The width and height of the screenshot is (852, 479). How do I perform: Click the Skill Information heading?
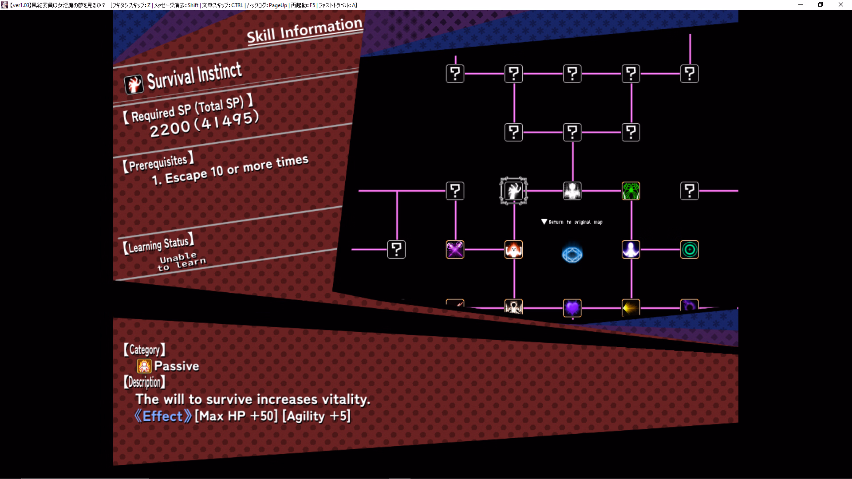[x=304, y=30]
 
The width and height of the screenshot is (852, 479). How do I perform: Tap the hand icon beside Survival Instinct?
[x=134, y=84]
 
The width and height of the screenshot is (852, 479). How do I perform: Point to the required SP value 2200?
[x=170, y=129]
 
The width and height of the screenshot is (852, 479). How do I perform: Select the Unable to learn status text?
[x=181, y=261]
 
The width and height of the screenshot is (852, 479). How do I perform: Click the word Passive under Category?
[x=177, y=366]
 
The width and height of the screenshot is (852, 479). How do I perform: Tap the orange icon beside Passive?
[x=144, y=366]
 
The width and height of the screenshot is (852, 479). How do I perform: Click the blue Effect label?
[x=163, y=416]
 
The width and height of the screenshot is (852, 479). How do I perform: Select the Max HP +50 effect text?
[x=236, y=416]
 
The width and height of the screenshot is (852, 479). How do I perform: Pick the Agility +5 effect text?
[x=316, y=416]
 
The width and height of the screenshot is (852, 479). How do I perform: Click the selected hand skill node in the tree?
[x=513, y=191]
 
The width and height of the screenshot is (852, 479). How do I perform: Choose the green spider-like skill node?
[x=631, y=191]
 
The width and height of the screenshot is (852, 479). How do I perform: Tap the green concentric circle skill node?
[x=689, y=250]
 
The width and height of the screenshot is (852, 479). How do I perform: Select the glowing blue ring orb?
[x=572, y=254]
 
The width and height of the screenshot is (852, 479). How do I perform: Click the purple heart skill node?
[x=572, y=308]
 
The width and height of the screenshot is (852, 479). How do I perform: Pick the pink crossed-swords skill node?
[x=455, y=250]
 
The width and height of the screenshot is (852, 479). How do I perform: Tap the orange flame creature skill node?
[x=513, y=250]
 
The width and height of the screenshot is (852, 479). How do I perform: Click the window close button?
[x=840, y=5]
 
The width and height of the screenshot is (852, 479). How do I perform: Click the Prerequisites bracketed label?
[x=158, y=163]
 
